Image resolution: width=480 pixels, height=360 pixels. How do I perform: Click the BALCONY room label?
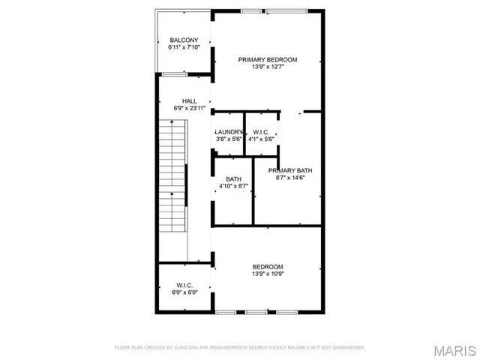point(184,40)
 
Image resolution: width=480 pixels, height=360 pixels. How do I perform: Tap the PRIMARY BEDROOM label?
point(268,59)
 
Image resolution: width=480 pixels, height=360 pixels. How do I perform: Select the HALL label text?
point(189,100)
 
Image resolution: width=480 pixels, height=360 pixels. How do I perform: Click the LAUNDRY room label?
point(229,131)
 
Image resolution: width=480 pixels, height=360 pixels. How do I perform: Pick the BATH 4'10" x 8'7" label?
point(233,178)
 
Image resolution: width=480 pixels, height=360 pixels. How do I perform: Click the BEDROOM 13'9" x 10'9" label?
point(267,267)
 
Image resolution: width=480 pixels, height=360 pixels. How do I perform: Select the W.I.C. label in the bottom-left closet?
point(184,285)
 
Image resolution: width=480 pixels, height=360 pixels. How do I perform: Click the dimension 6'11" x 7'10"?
point(184,47)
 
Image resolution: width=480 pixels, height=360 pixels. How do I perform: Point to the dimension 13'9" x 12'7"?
point(268,67)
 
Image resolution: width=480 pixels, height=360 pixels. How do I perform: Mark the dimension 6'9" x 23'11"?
point(189,108)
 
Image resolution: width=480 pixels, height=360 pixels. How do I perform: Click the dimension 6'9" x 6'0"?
point(184,292)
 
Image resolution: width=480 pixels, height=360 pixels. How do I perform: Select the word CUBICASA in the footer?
point(187,348)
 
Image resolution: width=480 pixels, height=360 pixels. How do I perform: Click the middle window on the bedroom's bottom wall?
point(256,311)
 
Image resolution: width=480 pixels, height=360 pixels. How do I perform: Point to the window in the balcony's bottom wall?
point(174,73)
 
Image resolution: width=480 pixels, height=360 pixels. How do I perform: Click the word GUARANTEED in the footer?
point(347,348)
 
